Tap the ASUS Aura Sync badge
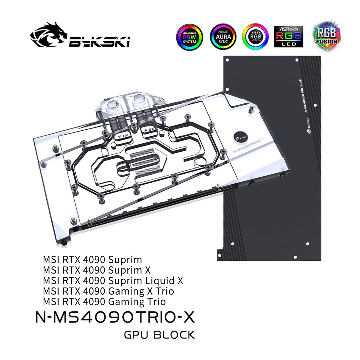click(223, 37)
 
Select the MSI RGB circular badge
click(256, 37)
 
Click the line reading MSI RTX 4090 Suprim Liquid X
click(113, 281)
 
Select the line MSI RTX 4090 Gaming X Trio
click(109, 291)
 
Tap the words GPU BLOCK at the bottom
click(159, 334)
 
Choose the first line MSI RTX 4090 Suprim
click(93, 259)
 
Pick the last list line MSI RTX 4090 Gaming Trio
click(104, 302)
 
